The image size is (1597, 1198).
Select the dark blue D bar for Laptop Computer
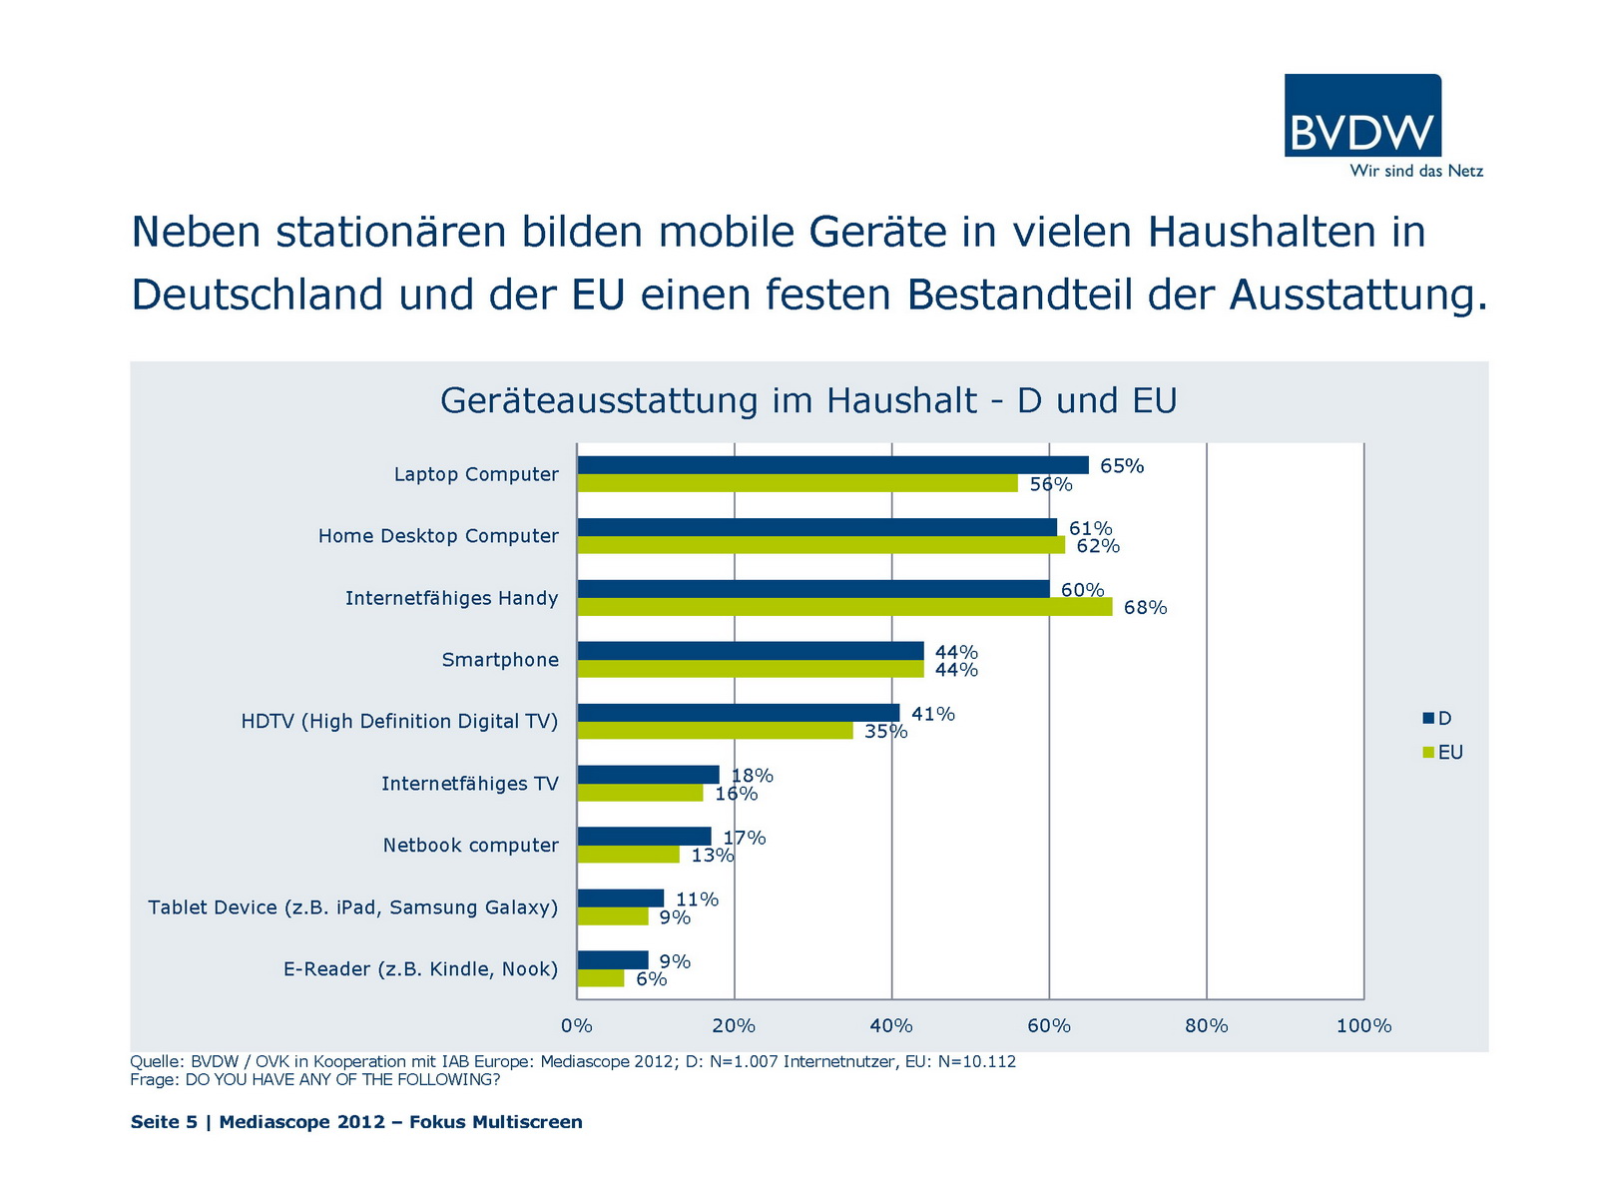click(x=832, y=465)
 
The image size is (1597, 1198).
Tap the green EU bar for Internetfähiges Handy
click(x=844, y=607)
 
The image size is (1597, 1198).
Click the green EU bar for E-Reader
click(x=601, y=978)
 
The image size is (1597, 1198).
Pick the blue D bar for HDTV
click(x=739, y=713)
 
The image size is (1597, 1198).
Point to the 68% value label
click(x=1145, y=608)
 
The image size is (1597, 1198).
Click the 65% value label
click(x=1122, y=466)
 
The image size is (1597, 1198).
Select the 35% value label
click(x=885, y=732)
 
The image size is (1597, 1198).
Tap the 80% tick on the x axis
click(x=1206, y=1026)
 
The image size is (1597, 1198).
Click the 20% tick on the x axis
click(x=734, y=1026)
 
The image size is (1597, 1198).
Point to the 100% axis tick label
click(x=1363, y=1026)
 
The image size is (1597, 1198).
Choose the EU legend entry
click(x=1444, y=753)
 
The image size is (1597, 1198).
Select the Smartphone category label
click(x=500, y=660)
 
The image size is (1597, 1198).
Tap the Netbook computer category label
click(x=470, y=846)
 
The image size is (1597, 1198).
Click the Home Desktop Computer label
click(x=438, y=536)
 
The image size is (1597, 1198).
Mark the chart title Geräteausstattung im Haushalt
click(x=808, y=400)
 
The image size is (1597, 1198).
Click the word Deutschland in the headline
click(x=258, y=295)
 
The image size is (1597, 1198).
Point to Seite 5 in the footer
click(x=164, y=1122)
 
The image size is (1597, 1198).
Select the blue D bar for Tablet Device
click(x=621, y=898)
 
